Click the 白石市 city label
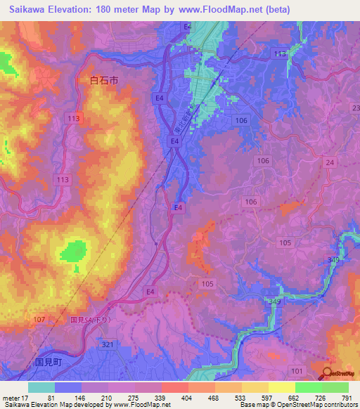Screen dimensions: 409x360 point(104,81)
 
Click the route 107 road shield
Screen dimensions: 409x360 point(40,320)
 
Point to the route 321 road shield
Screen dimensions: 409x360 point(108,345)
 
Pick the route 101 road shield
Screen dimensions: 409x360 point(296,370)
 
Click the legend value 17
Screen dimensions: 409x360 point(27,398)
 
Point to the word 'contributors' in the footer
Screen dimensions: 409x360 point(337,404)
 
